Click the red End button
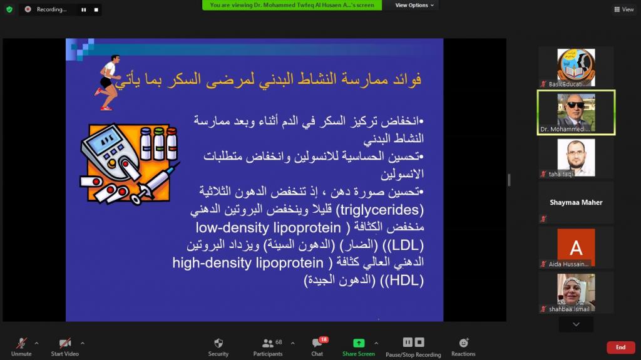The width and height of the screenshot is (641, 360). coord(620,347)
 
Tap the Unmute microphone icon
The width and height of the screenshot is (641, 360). coord(21,343)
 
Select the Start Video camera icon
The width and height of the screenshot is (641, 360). coord(64,343)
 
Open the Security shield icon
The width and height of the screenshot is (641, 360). coord(218,343)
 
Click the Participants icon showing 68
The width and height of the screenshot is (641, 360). coord(268,343)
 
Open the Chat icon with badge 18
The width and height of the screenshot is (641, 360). coord(317,343)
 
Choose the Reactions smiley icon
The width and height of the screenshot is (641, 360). coord(464,342)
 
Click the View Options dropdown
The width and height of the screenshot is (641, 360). coord(414,5)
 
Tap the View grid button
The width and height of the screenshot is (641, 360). coord(624,9)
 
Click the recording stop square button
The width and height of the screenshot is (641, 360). coord(96,10)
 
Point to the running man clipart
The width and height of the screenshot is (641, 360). coord(108,83)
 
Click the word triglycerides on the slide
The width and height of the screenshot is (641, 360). coord(380,210)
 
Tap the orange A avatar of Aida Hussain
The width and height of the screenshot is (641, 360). coord(576,247)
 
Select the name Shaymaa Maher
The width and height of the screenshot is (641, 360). coord(576,202)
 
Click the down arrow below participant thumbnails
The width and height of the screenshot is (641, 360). coord(576,324)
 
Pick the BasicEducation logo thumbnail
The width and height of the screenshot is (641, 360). coord(576,67)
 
